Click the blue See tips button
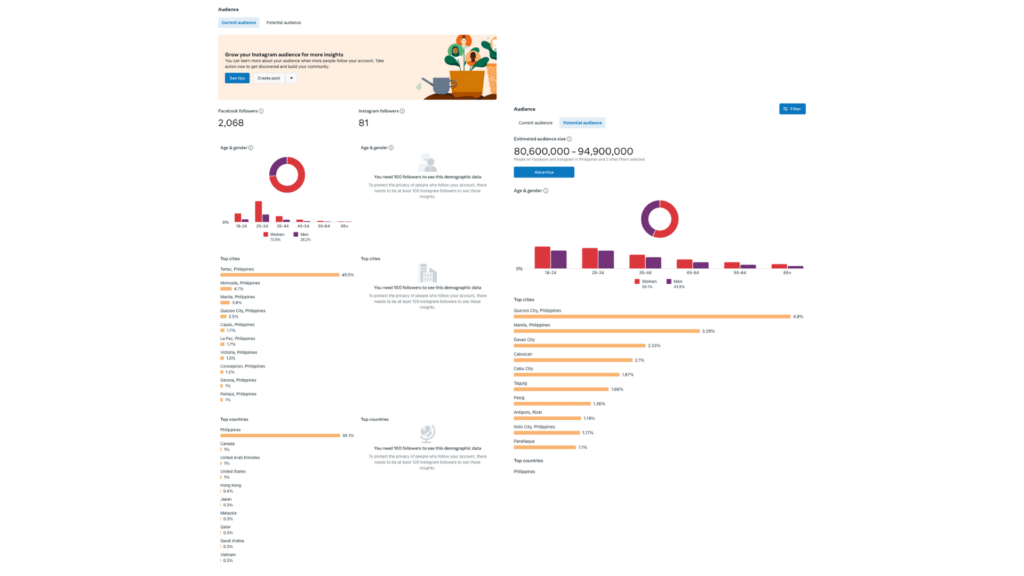pos(237,78)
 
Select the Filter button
pos(792,109)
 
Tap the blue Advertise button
pos(543,172)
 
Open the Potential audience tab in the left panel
pos(283,23)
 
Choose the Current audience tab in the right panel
pos(535,123)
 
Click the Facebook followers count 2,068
pos(231,123)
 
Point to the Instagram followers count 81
pos(364,123)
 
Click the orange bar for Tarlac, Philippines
pos(279,275)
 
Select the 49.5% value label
pos(348,275)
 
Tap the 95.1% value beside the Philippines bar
pos(348,436)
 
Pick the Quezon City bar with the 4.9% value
pos(652,317)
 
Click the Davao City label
pos(524,340)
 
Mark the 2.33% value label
pos(654,346)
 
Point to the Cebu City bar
pos(566,375)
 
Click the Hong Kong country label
pos(230,485)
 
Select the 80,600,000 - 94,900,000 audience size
pos(573,151)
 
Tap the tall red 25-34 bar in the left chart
pos(259,211)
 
